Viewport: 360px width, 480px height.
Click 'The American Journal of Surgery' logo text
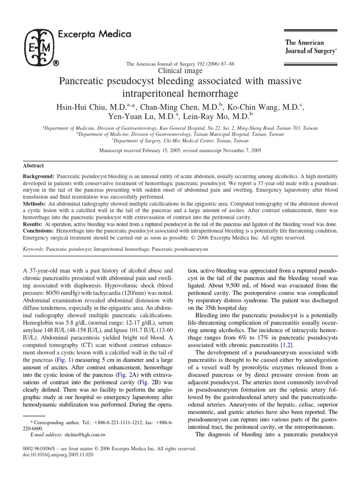(311, 46)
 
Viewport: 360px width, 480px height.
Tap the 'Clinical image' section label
(181, 71)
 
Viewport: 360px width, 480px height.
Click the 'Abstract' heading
(33, 165)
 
